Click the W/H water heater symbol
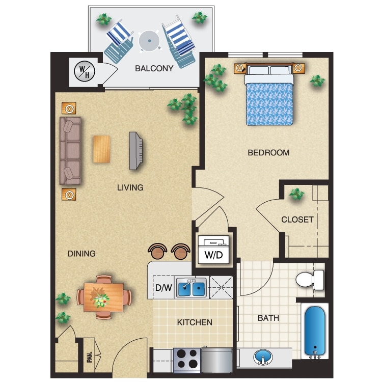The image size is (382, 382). click(82, 71)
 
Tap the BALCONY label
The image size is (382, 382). click(154, 68)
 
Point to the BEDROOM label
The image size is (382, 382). click(268, 152)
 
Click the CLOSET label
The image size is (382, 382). click(297, 220)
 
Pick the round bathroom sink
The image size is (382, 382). click(263, 357)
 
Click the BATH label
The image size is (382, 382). click(268, 318)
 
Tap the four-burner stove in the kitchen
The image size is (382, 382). click(187, 360)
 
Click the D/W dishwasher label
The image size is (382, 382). click(163, 288)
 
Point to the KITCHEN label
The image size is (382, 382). click(195, 322)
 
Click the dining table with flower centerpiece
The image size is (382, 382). click(103, 297)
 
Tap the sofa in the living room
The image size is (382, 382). click(70, 150)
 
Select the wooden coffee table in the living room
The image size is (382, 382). click(101, 149)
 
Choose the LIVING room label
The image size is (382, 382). click(130, 187)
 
